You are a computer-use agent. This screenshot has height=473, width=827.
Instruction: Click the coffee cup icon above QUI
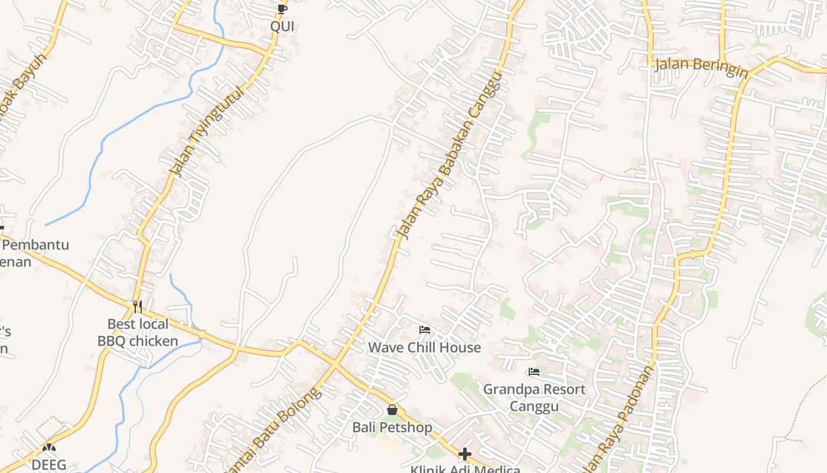click(x=282, y=9)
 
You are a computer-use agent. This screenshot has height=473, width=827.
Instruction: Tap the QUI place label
click(x=282, y=26)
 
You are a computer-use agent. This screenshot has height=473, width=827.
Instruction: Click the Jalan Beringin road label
click(x=701, y=66)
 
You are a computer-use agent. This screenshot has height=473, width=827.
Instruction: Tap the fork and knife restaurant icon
click(x=138, y=306)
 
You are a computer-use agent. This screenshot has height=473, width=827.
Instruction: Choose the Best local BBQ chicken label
click(x=138, y=332)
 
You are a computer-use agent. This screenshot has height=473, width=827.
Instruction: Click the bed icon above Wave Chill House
click(x=425, y=330)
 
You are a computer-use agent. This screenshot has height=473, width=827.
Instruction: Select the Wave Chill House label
click(x=425, y=347)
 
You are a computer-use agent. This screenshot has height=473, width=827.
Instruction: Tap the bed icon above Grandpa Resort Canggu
click(x=534, y=372)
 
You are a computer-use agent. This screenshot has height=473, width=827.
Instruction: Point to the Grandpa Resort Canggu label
click(x=534, y=397)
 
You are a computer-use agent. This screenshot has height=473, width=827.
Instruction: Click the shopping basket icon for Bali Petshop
click(x=392, y=410)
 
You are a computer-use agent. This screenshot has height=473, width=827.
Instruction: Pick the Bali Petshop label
click(x=392, y=427)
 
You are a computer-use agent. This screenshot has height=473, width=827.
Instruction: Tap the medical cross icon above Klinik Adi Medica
click(x=465, y=454)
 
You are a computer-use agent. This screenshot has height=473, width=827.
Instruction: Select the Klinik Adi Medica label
click(x=465, y=469)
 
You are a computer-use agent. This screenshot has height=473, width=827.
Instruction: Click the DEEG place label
click(x=49, y=465)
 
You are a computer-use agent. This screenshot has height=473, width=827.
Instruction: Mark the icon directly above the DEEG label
click(x=49, y=448)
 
